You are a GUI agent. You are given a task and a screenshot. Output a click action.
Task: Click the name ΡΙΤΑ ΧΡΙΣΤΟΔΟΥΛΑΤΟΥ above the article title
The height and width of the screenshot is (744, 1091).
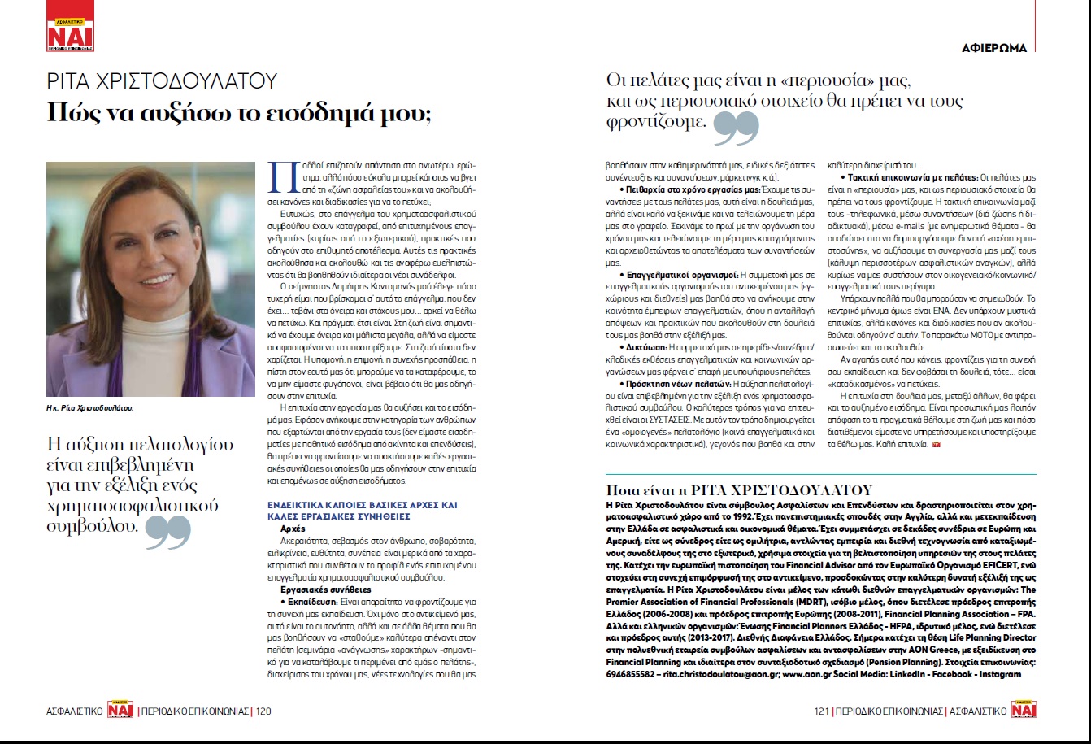(163, 81)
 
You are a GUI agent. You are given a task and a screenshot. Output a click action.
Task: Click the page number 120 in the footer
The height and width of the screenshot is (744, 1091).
(263, 711)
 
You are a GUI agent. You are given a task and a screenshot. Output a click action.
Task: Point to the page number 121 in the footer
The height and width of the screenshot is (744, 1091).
(822, 711)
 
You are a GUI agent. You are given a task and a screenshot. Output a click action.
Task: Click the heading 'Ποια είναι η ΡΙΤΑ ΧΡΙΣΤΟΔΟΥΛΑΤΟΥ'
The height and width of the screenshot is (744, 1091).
(740, 489)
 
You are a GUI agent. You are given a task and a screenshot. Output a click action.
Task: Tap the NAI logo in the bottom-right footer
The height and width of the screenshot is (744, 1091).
(1025, 711)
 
